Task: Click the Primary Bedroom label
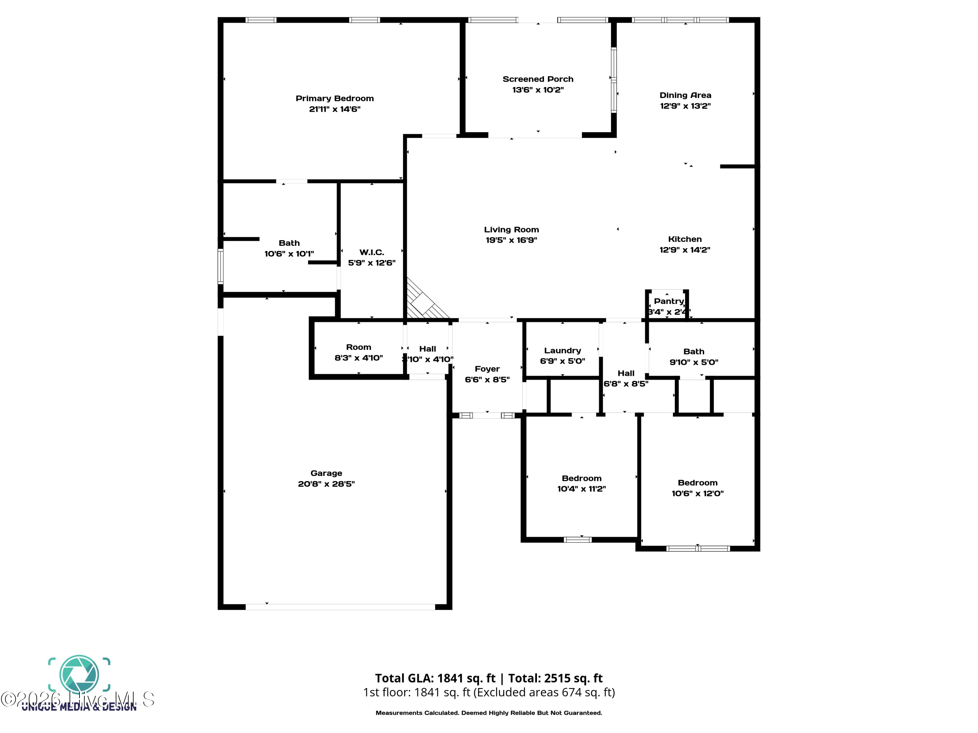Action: click(x=335, y=98)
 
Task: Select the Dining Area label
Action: click(x=685, y=95)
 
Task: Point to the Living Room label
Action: click(x=511, y=230)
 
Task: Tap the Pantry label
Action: click(x=669, y=301)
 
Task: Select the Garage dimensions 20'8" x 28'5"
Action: click(x=326, y=484)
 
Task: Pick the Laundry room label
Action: click(x=562, y=350)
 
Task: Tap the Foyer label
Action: click(x=487, y=369)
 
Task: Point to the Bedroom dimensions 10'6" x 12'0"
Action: click(x=697, y=494)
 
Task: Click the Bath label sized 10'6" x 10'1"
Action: click(x=289, y=243)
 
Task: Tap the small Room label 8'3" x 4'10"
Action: click(x=359, y=347)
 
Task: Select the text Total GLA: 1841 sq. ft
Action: click(x=435, y=678)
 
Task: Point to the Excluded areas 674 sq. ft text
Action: click(x=544, y=692)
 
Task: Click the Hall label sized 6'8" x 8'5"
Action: click(x=626, y=373)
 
